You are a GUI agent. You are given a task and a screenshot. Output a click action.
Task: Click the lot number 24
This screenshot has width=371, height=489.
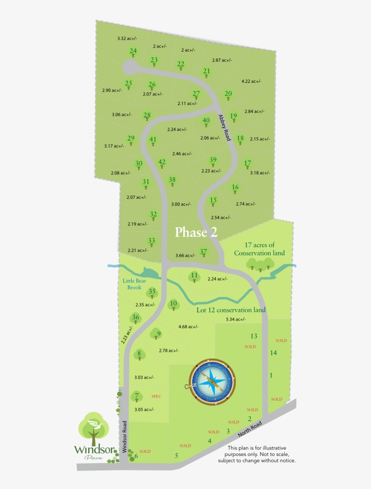coord(133,51)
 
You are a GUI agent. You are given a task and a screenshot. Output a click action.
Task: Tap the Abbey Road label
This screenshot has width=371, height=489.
coord(225,127)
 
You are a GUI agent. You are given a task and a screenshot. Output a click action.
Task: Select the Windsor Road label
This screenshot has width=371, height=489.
coord(124,436)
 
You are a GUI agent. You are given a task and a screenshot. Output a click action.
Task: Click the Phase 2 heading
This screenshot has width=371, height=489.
coord(196,232)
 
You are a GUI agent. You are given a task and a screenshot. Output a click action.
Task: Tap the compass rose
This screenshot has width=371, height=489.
coord(212,382)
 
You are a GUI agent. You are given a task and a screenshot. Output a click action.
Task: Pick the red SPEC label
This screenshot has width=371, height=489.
coord(156,396)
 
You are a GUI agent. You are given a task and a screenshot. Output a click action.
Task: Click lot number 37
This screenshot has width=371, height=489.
coord(204,252)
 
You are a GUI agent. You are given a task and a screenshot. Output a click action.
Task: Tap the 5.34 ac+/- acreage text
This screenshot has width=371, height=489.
coord(235,319)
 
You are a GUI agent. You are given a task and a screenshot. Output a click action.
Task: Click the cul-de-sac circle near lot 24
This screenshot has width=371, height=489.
coord(130,67)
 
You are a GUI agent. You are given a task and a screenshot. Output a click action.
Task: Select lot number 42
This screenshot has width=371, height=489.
coord(162,162)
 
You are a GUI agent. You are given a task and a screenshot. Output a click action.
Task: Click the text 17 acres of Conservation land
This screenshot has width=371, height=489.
coord(259,249)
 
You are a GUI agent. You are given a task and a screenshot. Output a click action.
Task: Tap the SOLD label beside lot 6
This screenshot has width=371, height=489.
coord(145,451)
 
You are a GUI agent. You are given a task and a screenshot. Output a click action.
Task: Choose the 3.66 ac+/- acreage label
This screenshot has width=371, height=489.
coord(185,256)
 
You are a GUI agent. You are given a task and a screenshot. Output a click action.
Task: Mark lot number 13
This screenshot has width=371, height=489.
coord(254,336)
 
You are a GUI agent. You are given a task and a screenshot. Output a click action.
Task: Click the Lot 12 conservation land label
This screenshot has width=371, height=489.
coord(231,310)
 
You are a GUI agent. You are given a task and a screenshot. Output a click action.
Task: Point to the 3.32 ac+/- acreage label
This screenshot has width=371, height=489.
coord(127,38)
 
